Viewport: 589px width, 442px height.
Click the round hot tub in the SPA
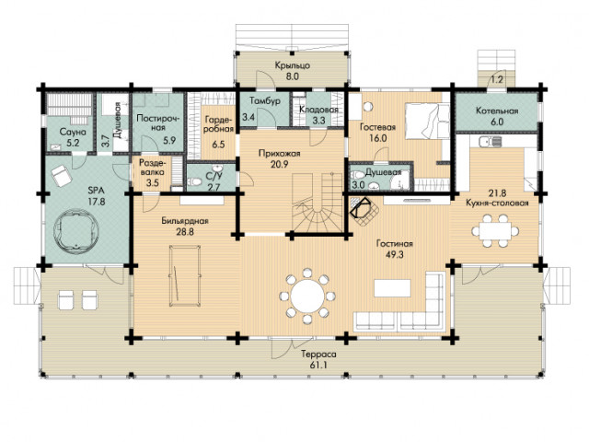tap(76, 231)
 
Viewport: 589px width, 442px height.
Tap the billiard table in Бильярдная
tap(184, 276)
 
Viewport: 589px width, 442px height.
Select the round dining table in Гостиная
tap(307, 296)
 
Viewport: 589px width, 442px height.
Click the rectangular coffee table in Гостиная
tap(392, 288)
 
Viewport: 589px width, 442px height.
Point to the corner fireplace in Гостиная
tap(362, 211)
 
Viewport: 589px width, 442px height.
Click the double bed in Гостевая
tap(427, 121)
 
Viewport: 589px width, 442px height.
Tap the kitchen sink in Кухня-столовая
tap(491, 142)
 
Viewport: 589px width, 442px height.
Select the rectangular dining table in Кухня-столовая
tap(495, 231)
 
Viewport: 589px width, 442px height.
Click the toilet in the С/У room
tap(194, 182)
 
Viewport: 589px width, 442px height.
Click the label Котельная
tap(497, 110)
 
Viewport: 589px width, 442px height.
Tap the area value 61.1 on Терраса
tap(318, 365)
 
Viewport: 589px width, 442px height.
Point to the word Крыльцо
tap(293, 65)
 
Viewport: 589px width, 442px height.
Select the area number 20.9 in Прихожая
tap(280, 164)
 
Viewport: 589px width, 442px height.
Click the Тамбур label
tap(265, 101)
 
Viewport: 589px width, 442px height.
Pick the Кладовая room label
tap(318, 110)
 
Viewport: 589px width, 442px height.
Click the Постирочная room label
tap(158, 122)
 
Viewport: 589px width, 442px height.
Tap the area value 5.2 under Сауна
tap(73, 142)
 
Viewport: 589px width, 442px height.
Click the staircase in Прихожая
tap(318, 203)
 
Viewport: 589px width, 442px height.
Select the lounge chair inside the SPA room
tap(61, 175)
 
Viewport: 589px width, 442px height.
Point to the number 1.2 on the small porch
tap(497, 80)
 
